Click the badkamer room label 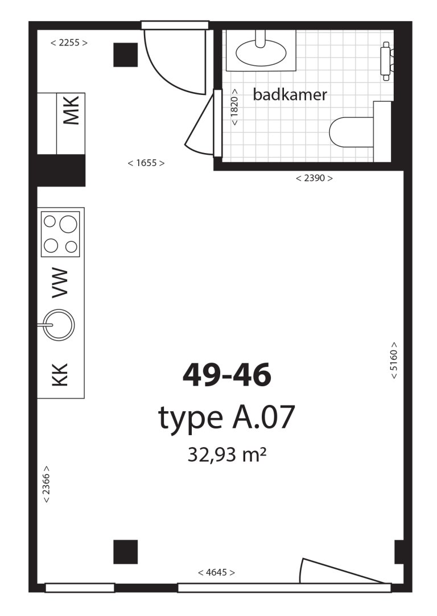[290, 94]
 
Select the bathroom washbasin [261, 53]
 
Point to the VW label [60, 283]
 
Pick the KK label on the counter [60, 375]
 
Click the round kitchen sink [59, 325]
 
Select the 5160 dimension [394, 361]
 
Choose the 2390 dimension [314, 178]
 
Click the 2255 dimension [69, 42]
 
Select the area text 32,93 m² [227, 454]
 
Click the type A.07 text [226, 418]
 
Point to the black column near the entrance [125, 55]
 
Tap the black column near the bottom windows [125, 552]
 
